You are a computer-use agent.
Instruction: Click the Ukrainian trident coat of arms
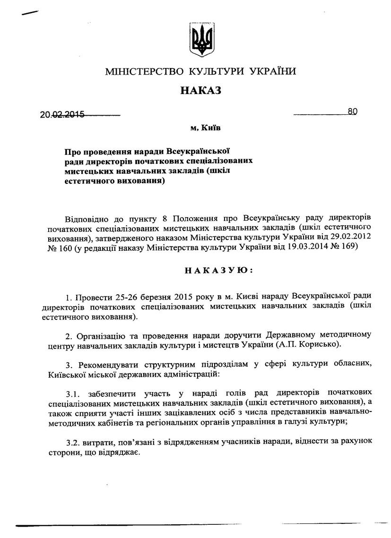click(200, 40)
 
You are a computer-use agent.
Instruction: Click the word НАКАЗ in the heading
click(200, 90)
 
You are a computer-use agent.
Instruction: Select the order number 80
click(352, 111)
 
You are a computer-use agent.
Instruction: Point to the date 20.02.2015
click(62, 114)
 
